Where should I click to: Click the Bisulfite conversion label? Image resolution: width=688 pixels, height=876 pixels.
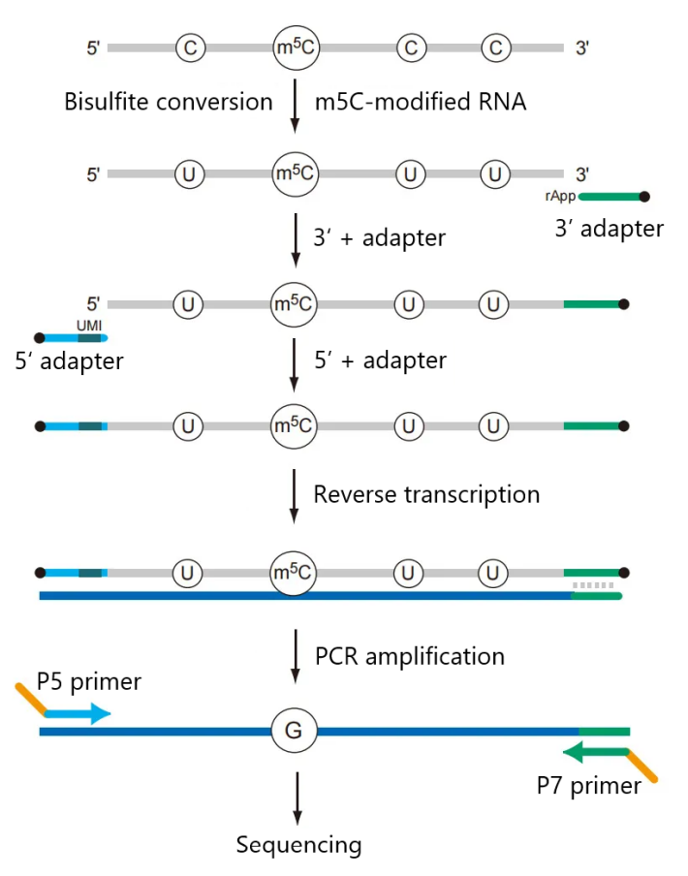click(168, 102)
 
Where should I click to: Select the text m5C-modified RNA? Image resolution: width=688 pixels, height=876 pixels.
click(421, 102)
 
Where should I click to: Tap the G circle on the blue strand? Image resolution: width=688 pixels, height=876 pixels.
click(293, 731)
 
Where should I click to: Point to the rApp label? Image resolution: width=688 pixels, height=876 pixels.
click(561, 195)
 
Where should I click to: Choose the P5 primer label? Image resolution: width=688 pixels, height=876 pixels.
click(89, 682)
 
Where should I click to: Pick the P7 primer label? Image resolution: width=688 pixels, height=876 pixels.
click(589, 785)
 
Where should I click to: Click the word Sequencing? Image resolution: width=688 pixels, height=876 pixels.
click(298, 844)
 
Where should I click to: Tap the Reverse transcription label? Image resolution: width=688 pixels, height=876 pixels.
click(426, 494)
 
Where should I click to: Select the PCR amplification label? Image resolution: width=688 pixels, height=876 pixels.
click(410, 656)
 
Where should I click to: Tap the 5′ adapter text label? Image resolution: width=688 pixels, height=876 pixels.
click(69, 361)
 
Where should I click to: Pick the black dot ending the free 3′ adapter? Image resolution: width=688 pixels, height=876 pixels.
click(645, 197)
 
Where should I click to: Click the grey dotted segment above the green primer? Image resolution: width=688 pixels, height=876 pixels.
click(594, 585)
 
